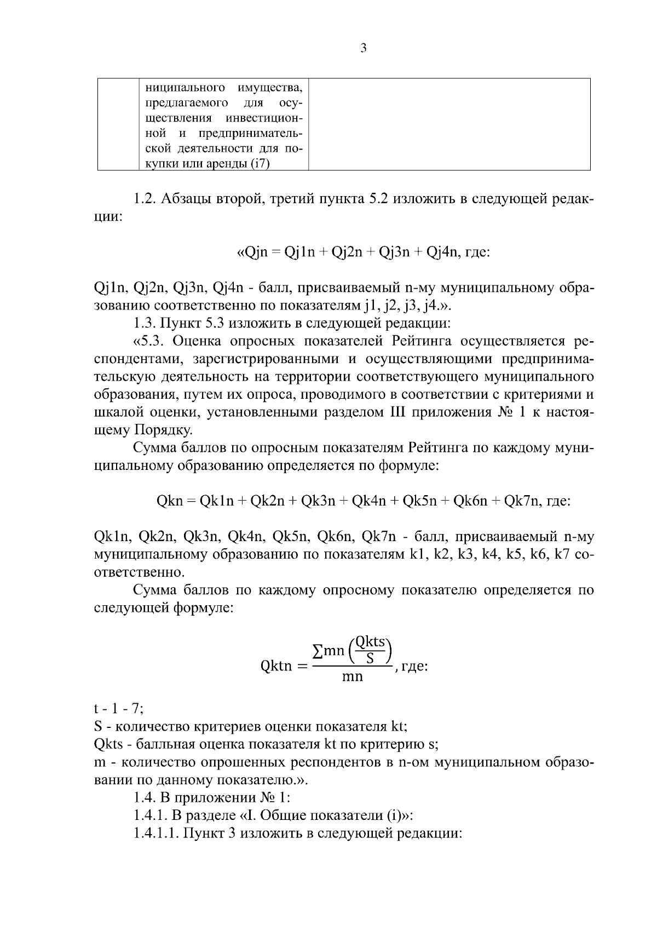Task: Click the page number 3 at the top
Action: pos(364,49)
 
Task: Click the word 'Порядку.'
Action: pos(163,429)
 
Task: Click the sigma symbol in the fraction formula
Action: pos(316,651)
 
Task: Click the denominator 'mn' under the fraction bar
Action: pos(352,677)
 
